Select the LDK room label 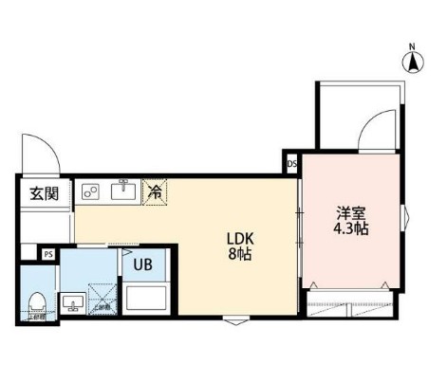238,238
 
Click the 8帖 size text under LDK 238,255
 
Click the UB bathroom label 142,264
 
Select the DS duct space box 290,163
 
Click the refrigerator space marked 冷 155,191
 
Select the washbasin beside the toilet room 71,303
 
